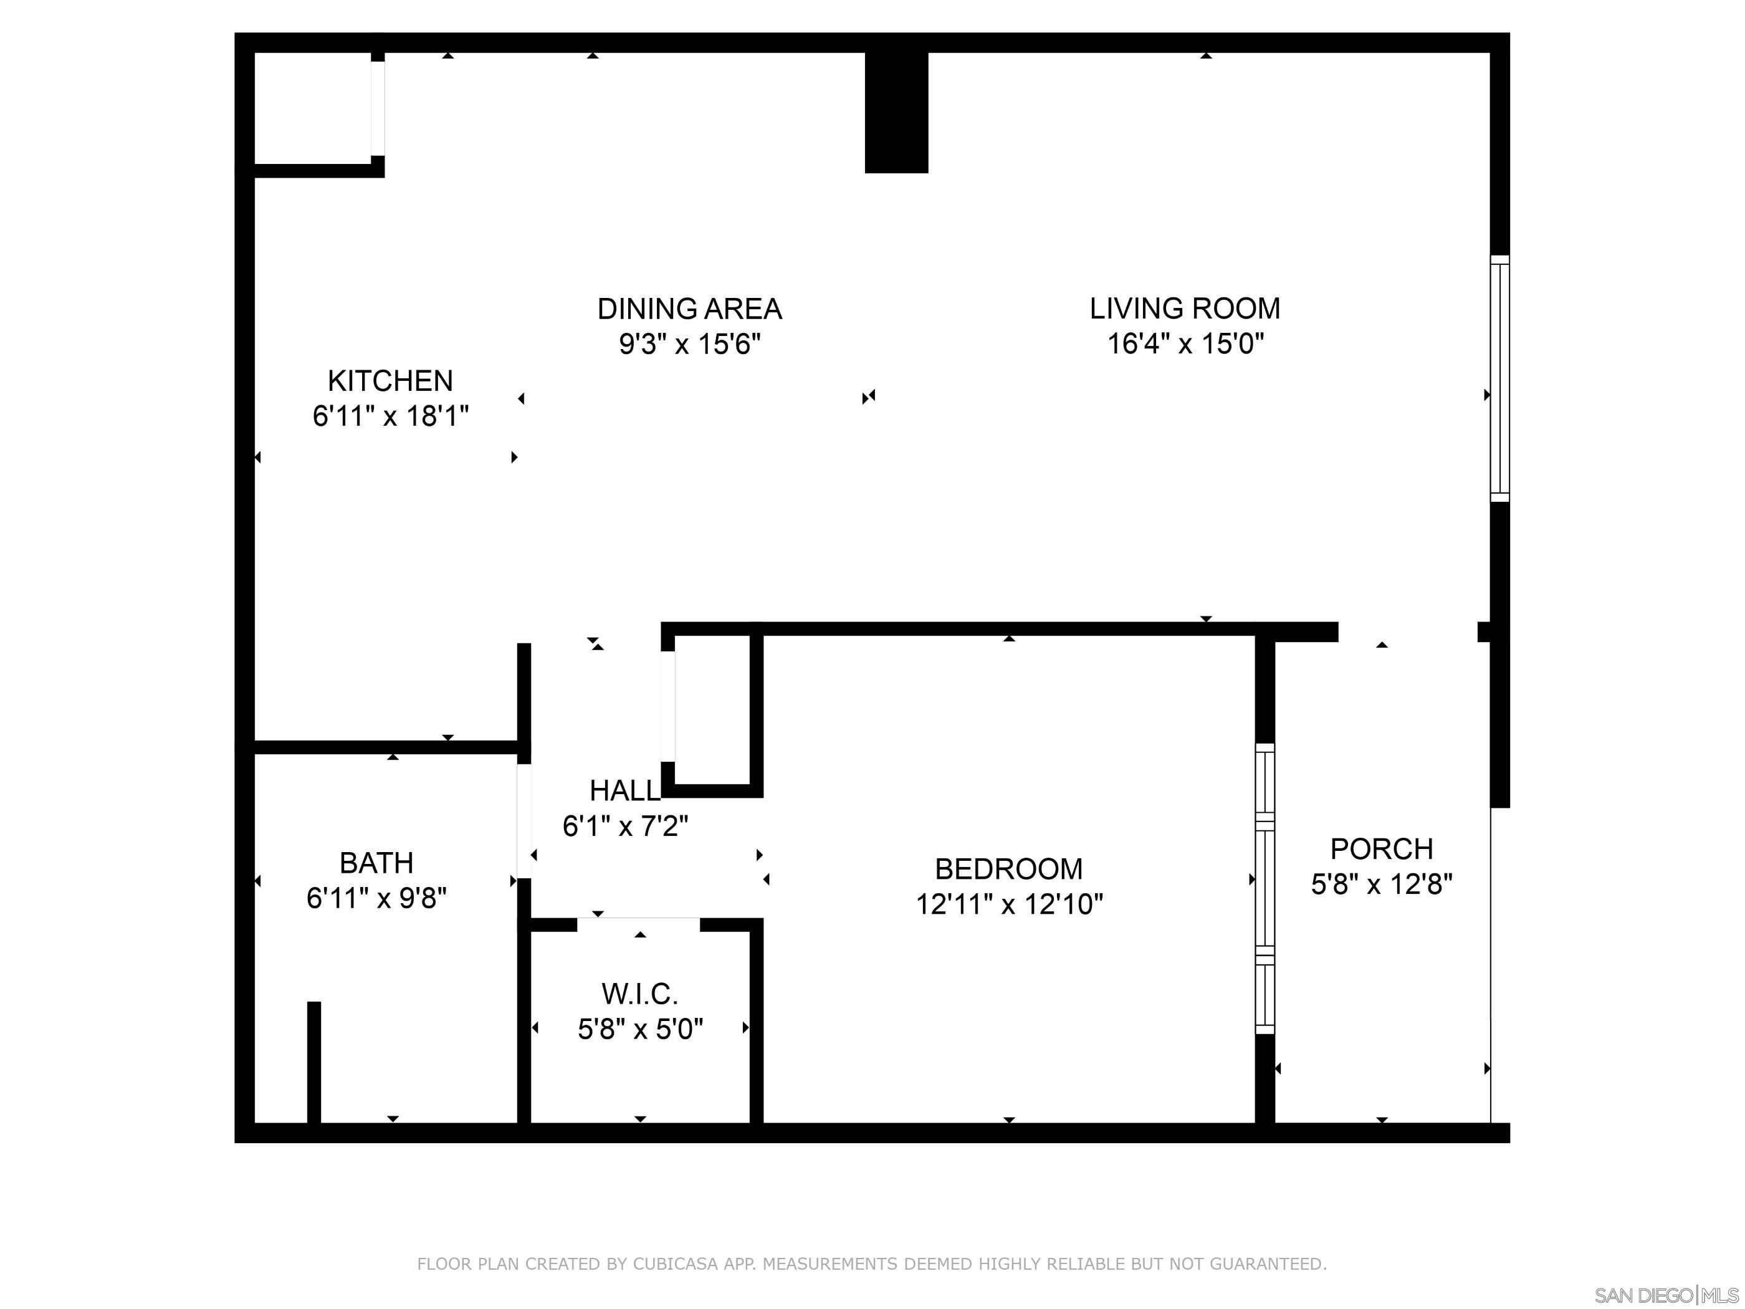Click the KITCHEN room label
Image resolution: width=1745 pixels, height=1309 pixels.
click(x=391, y=381)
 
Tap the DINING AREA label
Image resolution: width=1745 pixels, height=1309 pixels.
click(x=689, y=309)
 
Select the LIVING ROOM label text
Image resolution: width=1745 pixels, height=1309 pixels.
click(x=1185, y=309)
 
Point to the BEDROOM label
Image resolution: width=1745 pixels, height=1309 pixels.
click(x=1009, y=869)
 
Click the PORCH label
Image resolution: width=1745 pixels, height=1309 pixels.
click(x=1381, y=849)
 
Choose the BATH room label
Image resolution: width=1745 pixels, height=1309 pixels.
click(x=376, y=863)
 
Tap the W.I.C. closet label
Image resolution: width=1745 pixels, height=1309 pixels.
click(x=640, y=994)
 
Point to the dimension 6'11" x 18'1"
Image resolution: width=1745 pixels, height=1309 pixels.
click(x=391, y=416)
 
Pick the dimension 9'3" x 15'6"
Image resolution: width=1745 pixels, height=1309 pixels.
click(x=689, y=344)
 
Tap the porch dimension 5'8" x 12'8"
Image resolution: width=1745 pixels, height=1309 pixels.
click(x=1381, y=885)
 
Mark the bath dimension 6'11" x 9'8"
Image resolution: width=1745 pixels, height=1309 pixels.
click(x=376, y=898)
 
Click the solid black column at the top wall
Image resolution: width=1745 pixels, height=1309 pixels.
click(x=896, y=112)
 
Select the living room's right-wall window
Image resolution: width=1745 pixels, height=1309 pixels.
click(x=1499, y=379)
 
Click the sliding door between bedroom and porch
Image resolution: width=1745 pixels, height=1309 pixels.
click(x=1265, y=888)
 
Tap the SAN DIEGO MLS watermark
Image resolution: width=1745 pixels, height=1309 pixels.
click(x=1666, y=1295)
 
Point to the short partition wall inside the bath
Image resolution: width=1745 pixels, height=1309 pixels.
click(x=314, y=1062)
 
